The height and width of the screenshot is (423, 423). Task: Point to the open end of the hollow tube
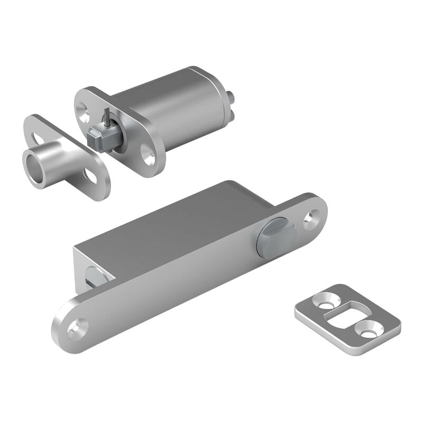point(34,168)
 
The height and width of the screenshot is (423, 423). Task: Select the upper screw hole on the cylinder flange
point(84,110)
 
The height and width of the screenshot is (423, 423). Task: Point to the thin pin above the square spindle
point(106,116)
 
